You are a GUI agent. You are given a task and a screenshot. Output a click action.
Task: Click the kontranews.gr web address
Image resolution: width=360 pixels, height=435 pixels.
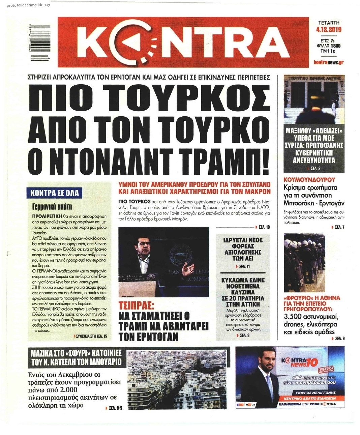pyautogui.click(x=328, y=62)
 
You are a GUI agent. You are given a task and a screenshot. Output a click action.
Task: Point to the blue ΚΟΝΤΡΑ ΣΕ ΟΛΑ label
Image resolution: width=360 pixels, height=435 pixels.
pyautogui.click(x=55, y=193)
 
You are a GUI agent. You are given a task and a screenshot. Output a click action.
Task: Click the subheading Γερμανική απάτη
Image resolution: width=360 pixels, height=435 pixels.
pyautogui.click(x=52, y=206)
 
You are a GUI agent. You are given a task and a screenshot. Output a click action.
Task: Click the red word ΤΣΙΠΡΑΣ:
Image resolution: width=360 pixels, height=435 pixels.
pyautogui.click(x=136, y=306)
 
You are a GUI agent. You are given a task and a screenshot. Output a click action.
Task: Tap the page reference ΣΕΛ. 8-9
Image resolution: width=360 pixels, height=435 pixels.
pyautogui.click(x=116, y=408)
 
